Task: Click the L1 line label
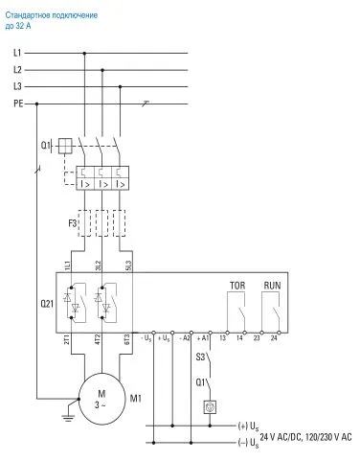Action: (x=17, y=53)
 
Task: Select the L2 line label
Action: (x=17, y=69)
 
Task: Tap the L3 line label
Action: (x=17, y=86)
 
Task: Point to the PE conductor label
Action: (x=17, y=102)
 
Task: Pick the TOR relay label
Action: (x=236, y=286)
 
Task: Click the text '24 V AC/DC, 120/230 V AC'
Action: (x=304, y=437)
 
